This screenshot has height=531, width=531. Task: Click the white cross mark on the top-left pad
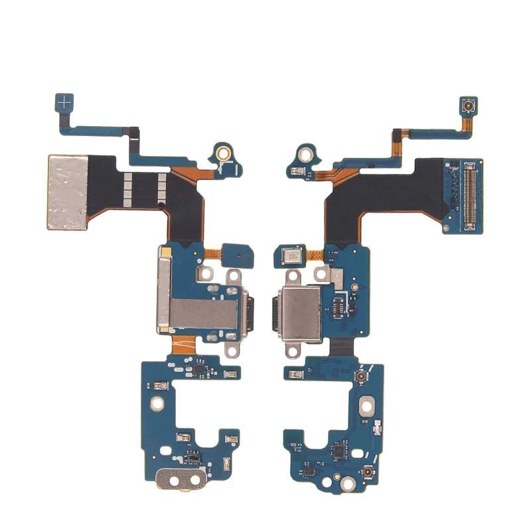point(64,103)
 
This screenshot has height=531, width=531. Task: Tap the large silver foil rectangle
point(68,192)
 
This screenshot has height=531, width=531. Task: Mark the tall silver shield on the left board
point(163,290)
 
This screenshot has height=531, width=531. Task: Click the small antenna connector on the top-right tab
point(467,106)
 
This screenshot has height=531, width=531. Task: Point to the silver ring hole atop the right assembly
point(306,155)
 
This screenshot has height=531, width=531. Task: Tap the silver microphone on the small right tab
point(291,255)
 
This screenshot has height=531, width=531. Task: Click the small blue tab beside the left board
point(234,254)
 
